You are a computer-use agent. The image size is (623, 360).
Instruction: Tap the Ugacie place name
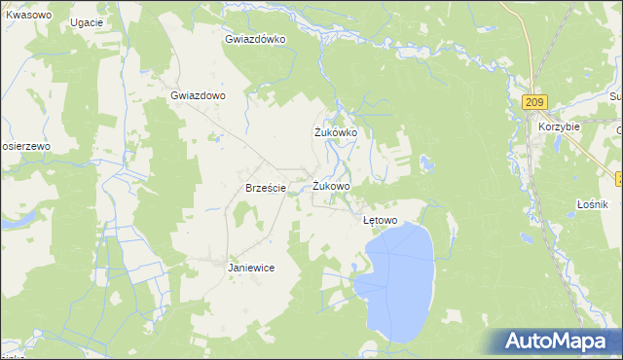pos(87,21)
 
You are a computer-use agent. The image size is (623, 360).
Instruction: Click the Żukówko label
pos(336,132)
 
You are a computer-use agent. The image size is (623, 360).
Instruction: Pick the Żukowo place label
pos(332,186)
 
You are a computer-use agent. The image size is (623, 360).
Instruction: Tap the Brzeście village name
pos(265,189)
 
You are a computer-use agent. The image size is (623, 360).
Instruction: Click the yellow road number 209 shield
pos(534,101)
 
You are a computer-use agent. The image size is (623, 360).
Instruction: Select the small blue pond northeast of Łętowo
pos(425,162)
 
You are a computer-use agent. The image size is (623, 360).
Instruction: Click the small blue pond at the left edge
pos(12,222)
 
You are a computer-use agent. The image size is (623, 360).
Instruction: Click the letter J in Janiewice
pos(231,268)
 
